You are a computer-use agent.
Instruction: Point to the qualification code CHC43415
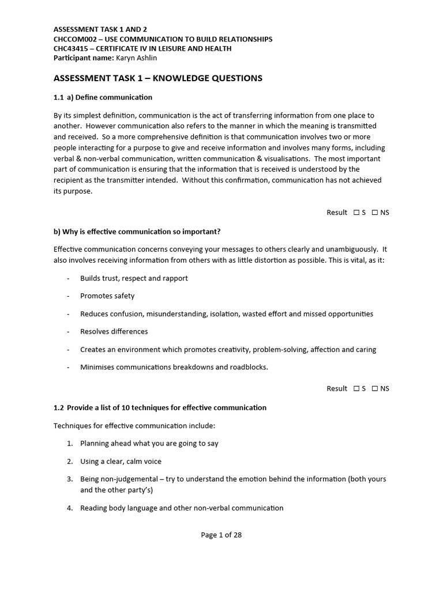pyautogui.click(x=72, y=48)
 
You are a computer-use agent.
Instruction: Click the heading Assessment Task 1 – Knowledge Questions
pyautogui.click(x=157, y=78)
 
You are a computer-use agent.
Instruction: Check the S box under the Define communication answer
pyautogui.click(x=358, y=213)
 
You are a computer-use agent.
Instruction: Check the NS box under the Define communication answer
pyautogui.click(x=375, y=213)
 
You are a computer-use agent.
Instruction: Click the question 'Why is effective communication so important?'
pyautogui.click(x=137, y=232)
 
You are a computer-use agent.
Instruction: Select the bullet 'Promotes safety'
pyautogui.click(x=107, y=296)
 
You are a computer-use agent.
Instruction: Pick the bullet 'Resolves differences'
pyautogui.click(x=114, y=331)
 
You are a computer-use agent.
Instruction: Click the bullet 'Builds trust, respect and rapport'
pyautogui.click(x=134, y=278)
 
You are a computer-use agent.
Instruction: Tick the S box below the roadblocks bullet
pyautogui.click(x=358, y=389)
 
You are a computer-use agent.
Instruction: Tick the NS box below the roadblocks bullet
pyautogui.click(x=375, y=389)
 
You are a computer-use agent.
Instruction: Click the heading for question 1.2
pyautogui.click(x=160, y=407)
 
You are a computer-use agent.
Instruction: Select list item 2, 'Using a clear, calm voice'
pyautogui.click(x=121, y=461)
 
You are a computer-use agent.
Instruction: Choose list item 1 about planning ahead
pyautogui.click(x=149, y=443)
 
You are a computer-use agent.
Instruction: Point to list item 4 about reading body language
pyautogui.click(x=182, y=508)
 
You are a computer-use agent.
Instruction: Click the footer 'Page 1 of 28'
pyautogui.click(x=221, y=535)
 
